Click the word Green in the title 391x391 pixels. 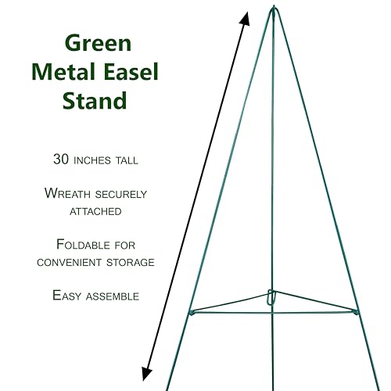pos(98,43)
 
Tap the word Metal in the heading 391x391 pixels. pos(63,72)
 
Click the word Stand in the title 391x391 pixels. pos(95,100)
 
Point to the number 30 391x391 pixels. pos(61,159)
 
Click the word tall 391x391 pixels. pos(127,160)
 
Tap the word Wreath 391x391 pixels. pos(67,193)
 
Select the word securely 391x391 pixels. pos(121,194)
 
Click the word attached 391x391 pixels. pos(95,211)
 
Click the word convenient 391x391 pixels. pos(69,262)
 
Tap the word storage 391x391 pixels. pos(131,262)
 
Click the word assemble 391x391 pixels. pos(113,296)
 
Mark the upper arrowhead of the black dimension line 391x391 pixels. pos(246,19)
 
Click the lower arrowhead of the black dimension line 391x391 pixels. pos(146,373)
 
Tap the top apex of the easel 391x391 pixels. pos(274,7)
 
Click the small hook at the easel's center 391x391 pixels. pos(271,296)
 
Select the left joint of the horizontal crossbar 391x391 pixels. pos(192,312)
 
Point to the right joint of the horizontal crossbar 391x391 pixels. pos(356,311)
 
